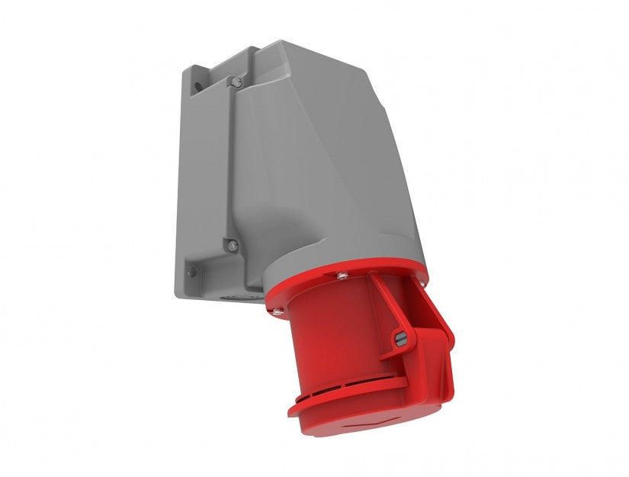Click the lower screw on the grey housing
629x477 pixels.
233,245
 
